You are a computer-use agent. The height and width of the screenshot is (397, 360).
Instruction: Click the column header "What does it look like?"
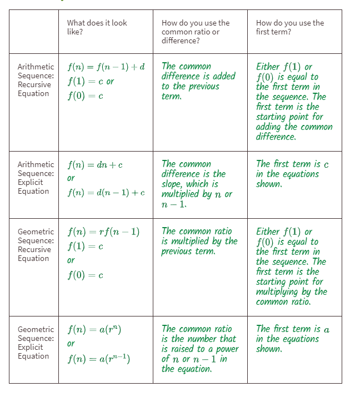97,27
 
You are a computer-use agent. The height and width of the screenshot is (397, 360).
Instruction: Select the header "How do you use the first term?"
289,27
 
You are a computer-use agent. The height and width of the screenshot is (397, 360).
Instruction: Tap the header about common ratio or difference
195,32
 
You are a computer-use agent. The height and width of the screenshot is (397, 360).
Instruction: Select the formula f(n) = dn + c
95,165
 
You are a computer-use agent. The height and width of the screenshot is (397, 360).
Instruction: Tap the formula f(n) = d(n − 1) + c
106,193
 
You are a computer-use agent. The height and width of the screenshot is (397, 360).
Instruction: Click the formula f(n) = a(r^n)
94,329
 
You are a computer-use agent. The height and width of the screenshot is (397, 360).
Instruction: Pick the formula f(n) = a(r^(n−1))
99,359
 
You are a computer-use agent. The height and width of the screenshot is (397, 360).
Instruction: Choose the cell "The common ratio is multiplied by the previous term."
199,241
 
